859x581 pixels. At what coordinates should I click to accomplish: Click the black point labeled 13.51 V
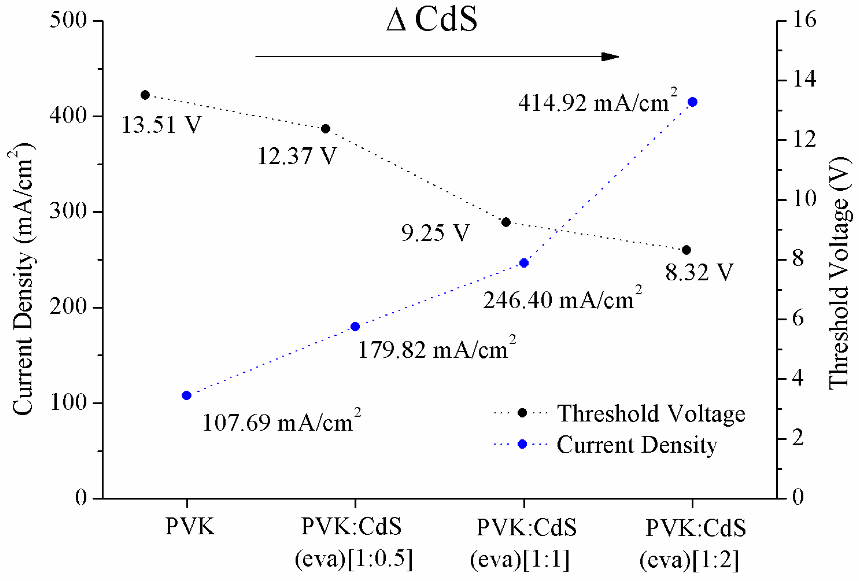point(145,95)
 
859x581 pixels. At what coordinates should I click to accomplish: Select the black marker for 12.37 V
point(326,129)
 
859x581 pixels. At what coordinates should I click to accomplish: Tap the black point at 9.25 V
point(506,222)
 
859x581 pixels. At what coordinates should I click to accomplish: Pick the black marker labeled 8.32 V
point(686,250)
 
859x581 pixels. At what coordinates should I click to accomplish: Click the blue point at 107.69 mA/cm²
point(187,396)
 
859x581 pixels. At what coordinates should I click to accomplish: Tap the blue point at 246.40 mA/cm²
point(524,263)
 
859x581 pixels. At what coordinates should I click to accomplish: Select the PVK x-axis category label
point(190,526)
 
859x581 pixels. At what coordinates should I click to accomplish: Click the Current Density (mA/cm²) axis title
point(23,279)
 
